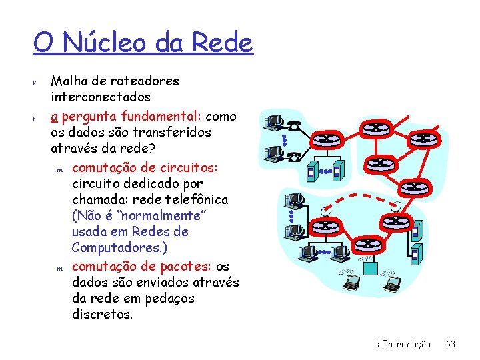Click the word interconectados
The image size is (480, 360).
point(101,97)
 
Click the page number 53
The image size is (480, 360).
point(451,344)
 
